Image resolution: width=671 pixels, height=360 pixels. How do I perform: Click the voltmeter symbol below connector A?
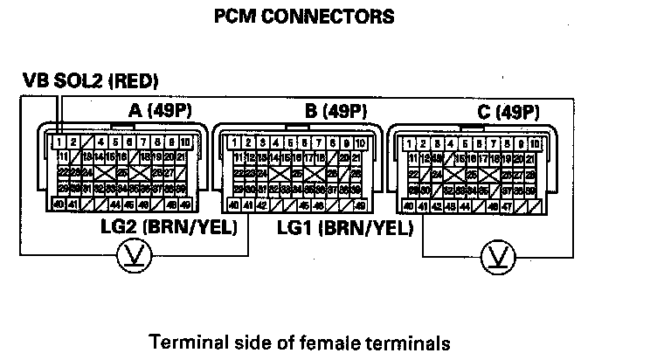point(137,256)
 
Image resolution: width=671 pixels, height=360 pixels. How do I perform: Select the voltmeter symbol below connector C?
point(498,256)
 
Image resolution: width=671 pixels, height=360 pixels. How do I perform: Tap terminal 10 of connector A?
point(185,142)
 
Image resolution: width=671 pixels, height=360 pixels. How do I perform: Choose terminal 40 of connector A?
point(58,204)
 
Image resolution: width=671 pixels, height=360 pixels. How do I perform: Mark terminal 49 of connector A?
point(185,204)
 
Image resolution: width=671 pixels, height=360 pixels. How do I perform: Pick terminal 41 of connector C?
point(422,207)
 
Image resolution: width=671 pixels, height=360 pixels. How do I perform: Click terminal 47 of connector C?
point(507,207)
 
